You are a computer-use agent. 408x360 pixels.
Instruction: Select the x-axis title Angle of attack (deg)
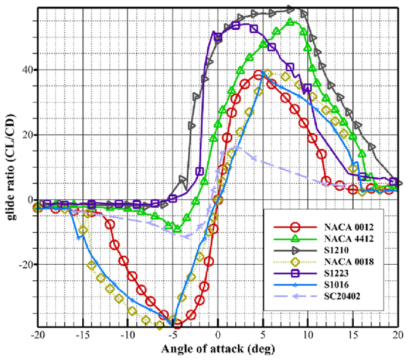coord(219,348)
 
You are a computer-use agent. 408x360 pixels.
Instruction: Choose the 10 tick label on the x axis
coord(309,334)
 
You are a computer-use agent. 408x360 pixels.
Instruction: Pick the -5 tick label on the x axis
coord(173,334)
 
